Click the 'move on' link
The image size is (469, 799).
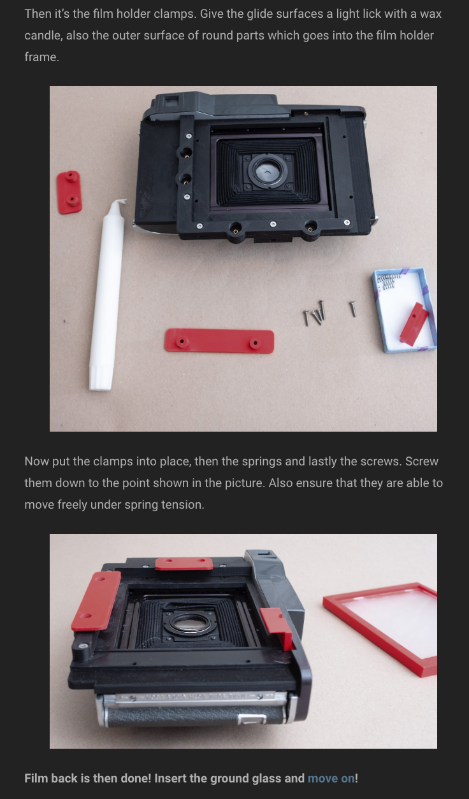[x=331, y=778]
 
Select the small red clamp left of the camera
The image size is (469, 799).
[x=69, y=192]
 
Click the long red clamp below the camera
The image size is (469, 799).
[x=219, y=341]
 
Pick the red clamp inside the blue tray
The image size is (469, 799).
[x=413, y=324]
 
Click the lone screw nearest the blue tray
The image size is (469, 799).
[x=352, y=309]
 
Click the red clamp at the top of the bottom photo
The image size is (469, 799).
[x=184, y=563]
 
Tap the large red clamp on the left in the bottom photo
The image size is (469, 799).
[x=96, y=600]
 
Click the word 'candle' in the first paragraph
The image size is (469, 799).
[x=44, y=35]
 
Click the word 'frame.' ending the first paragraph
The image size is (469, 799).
[x=41, y=57]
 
